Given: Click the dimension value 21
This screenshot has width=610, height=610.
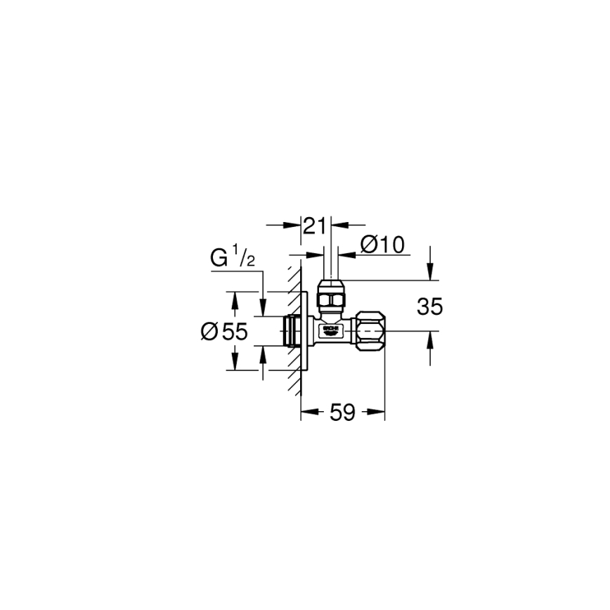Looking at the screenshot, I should [x=316, y=226].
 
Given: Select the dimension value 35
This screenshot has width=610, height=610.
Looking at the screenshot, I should [x=430, y=306].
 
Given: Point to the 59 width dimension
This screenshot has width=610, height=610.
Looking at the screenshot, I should [x=342, y=413].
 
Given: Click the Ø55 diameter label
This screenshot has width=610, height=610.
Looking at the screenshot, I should [x=224, y=332].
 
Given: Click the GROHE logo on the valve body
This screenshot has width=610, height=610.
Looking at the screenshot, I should [x=330, y=330].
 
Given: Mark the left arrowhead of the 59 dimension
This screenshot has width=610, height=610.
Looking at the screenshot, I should [x=306, y=413].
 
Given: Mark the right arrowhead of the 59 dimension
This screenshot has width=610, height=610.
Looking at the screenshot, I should [x=379, y=413].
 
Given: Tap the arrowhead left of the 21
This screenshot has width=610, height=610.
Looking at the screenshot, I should [x=294, y=226].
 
